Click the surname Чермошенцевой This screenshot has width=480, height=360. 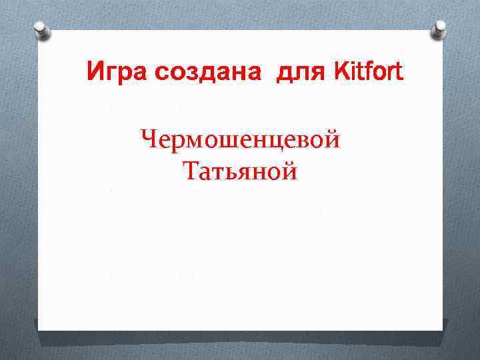point(241,140)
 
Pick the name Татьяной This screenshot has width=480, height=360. point(240,173)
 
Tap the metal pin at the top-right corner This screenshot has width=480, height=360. point(439,28)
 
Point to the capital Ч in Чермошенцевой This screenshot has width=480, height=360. point(149,140)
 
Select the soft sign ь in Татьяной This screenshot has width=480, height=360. point(226,174)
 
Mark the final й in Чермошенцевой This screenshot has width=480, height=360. point(333,141)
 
